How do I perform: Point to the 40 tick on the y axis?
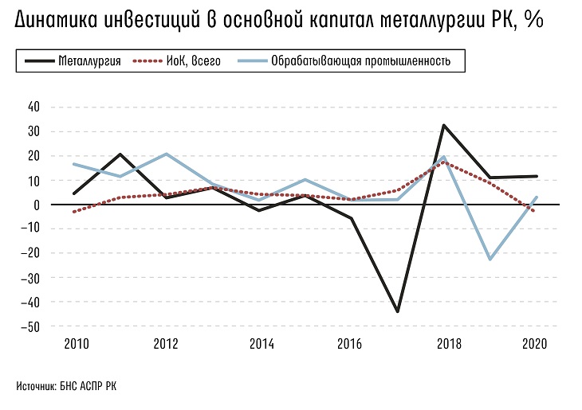tap(33, 107)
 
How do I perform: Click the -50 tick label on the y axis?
tap(32, 326)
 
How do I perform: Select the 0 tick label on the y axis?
tap(37, 205)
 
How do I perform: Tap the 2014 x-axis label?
tap(262, 344)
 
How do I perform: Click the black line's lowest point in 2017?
tap(397, 311)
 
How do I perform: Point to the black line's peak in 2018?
tap(443, 125)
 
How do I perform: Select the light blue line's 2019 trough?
tap(490, 260)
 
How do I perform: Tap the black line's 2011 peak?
tap(120, 154)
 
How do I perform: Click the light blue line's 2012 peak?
tap(166, 154)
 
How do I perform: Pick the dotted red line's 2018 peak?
tap(443, 162)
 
